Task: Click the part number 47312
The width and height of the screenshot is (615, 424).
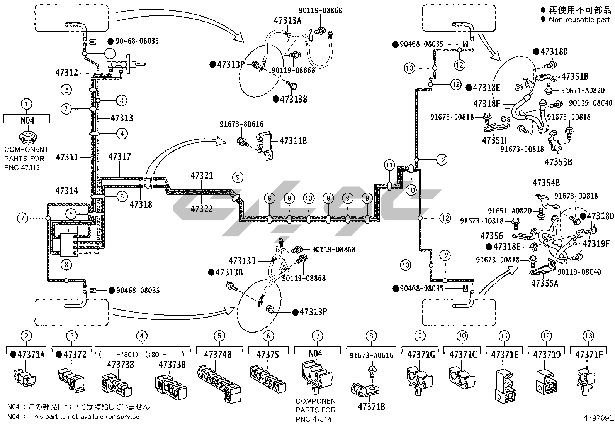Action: click(66, 73)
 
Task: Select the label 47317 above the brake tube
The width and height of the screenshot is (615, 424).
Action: click(119, 157)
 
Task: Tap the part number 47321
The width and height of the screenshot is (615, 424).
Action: click(202, 176)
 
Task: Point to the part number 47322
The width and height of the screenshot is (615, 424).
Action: click(202, 209)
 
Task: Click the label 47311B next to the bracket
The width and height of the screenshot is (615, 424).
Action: click(293, 141)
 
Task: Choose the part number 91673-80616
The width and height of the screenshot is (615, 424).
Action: click(241, 124)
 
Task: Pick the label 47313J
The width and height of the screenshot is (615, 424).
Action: click(242, 261)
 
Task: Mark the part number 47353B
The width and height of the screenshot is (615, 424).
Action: click(558, 162)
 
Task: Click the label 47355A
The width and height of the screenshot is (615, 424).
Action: click(545, 283)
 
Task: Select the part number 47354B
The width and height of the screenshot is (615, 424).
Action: click(546, 183)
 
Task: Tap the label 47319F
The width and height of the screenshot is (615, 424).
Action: click(596, 244)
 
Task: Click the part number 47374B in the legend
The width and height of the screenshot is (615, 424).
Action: click(218, 354)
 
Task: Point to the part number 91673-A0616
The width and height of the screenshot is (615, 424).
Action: click(371, 355)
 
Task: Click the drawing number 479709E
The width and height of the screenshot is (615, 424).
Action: click(598, 417)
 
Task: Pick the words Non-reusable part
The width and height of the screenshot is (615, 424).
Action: click(579, 20)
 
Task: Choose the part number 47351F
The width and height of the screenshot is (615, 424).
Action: click(496, 140)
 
